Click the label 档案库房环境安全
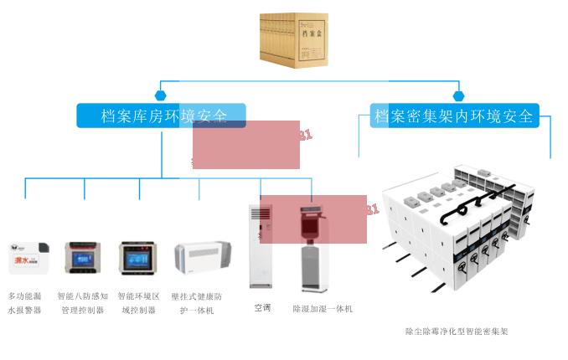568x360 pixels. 161,116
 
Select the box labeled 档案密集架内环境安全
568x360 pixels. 454,116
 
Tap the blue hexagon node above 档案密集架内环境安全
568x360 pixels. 457,95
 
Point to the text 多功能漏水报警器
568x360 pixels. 25,302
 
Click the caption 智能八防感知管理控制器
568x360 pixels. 83,302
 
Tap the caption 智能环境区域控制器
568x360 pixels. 138,302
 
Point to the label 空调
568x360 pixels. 263,308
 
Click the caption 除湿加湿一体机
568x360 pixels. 323,309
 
